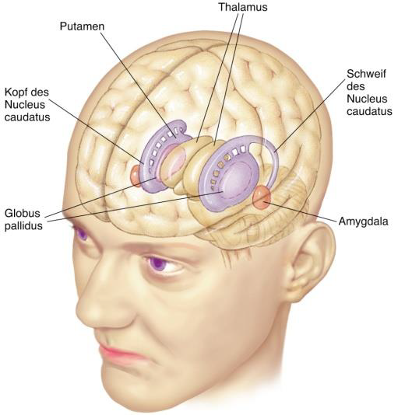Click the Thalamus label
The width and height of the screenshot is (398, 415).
pyautogui.click(x=243, y=7)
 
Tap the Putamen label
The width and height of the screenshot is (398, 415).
pyautogui.click(x=82, y=26)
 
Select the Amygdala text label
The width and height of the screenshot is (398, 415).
pyautogui.click(x=363, y=221)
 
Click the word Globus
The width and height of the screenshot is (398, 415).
pyautogui.click(x=23, y=213)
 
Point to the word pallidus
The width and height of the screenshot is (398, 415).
pyautogui.click(x=23, y=226)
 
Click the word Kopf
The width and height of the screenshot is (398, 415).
pyautogui.click(x=16, y=92)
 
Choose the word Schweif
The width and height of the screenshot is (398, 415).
pyautogui.click(x=366, y=74)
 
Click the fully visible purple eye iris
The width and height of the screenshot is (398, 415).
pyautogui.click(x=157, y=263)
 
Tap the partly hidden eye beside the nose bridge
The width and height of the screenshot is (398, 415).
pyautogui.click(x=81, y=234)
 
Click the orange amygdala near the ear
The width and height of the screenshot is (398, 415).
pyautogui.click(x=262, y=198)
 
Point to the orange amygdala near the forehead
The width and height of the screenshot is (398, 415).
pyautogui.click(x=135, y=175)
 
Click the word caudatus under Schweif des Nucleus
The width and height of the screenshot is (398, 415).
pyautogui.click(x=369, y=111)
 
